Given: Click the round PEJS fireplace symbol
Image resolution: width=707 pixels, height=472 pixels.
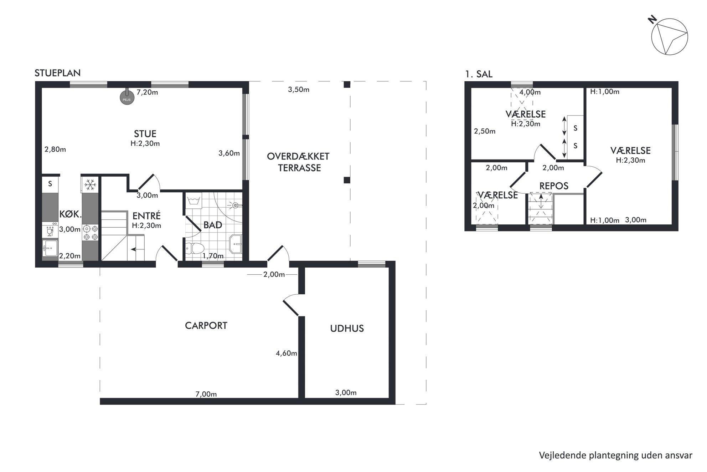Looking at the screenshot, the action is [x=127, y=97].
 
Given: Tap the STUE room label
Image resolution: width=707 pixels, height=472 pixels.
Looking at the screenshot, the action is [x=145, y=134].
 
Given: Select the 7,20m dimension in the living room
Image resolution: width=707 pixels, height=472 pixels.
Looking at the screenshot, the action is [x=147, y=92].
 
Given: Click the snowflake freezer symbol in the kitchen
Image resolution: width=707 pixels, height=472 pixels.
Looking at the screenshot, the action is [x=90, y=185].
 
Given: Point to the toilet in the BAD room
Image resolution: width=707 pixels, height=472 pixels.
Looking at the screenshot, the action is [x=195, y=248].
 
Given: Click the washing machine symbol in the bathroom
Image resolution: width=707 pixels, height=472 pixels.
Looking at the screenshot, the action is [x=193, y=201].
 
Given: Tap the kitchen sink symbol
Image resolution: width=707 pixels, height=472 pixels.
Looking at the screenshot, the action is [x=50, y=248].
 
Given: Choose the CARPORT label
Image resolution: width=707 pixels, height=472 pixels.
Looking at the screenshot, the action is [x=206, y=326].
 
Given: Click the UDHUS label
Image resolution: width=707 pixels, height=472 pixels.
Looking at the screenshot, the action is [x=347, y=329].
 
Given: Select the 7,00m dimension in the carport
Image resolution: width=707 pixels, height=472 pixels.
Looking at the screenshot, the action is [x=206, y=394].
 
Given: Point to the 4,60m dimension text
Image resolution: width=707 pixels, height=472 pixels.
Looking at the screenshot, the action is [x=287, y=354].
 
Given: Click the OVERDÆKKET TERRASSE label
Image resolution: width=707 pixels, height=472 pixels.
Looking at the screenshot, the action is [x=299, y=162].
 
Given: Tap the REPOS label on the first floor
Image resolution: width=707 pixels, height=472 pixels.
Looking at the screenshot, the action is [x=554, y=186].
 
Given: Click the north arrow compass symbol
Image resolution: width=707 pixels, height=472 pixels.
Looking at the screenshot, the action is [x=669, y=37].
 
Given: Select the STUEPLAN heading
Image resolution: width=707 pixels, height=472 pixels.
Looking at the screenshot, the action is [x=58, y=73].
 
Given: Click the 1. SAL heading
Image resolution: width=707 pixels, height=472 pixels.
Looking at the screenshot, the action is [x=479, y=74].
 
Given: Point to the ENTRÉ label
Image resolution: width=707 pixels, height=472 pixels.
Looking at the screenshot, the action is [x=146, y=216].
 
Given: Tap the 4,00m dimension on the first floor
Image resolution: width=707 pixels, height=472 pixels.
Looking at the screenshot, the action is [x=530, y=92].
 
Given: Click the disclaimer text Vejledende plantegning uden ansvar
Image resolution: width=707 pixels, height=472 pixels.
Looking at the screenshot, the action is [x=615, y=456].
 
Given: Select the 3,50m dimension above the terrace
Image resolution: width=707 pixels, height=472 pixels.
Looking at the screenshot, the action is [x=299, y=90].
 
